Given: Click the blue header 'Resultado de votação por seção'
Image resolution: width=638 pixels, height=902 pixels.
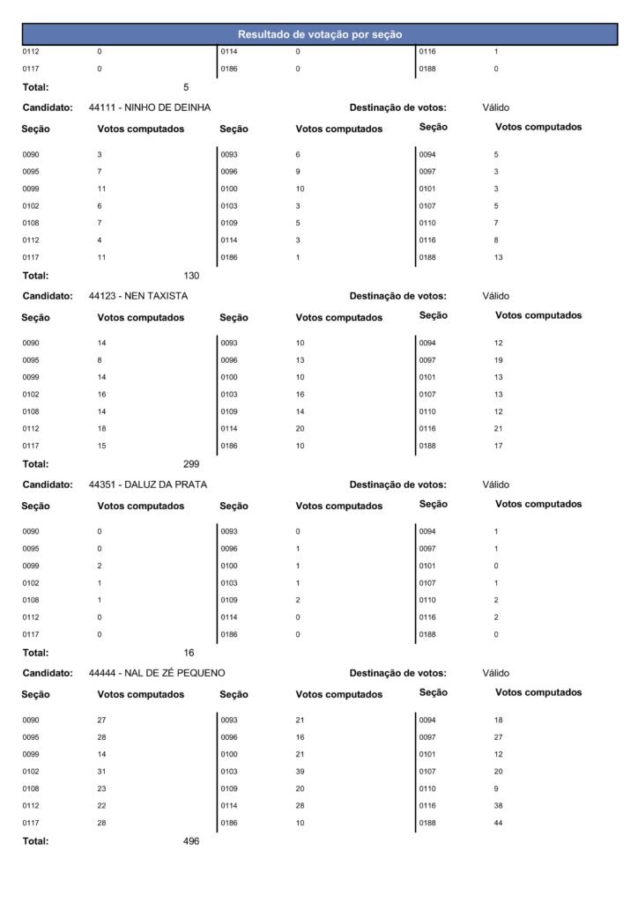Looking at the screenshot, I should click(x=319, y=34).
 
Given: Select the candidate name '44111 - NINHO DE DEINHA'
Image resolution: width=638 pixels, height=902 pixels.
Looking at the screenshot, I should click(x=150, y=107).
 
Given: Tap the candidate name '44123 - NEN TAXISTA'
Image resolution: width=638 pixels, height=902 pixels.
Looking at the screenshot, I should click(x=138, y=296).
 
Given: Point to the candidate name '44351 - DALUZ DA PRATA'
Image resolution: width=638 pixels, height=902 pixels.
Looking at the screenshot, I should click(x=148, y=484).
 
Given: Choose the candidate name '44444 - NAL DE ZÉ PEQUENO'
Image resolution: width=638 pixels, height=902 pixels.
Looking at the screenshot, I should click(x=157, y=673).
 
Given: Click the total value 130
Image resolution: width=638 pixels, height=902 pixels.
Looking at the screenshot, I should click(x=191, y=276).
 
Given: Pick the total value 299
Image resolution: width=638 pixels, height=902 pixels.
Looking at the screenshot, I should click(x=191, y=464).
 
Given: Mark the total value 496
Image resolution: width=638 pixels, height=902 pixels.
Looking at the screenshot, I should click(x=191, y=841).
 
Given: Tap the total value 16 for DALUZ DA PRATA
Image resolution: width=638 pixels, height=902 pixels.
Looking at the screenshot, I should click(x=189, y=653).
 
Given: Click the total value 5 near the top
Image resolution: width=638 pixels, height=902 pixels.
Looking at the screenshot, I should click(x=186, y=87).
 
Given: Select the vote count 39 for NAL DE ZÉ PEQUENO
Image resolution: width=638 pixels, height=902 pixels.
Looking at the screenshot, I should click(x=300, y=772).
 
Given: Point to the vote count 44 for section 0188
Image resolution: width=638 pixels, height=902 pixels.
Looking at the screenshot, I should click(x=499, y=823).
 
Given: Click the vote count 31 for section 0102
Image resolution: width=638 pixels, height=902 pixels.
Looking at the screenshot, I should click(x=101, y=772).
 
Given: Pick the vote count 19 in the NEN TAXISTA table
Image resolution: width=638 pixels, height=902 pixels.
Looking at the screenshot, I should click(x=499, y=360).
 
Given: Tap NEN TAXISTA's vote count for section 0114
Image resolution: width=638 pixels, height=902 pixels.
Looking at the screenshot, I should click(x=300, y=429).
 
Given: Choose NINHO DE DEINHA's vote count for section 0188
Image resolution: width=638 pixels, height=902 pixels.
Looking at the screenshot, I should click(x=499, y=257).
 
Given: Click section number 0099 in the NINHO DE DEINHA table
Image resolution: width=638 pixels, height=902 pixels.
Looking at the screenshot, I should click(x=31, y=189).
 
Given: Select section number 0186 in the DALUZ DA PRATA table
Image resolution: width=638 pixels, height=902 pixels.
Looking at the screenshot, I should click(x=229, y=634).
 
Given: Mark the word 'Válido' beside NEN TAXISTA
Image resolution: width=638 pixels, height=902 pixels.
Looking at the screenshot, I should click(x=496, y=296).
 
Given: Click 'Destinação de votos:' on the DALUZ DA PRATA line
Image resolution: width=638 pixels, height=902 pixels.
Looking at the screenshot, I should click(x=397, y=484).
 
